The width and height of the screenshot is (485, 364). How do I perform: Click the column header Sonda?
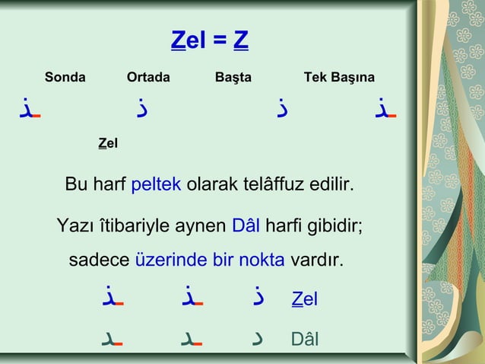tap(65, 77)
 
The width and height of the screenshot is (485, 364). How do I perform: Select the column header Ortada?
tap(148, 77)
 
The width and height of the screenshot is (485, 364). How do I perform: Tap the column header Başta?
tap(233, 77)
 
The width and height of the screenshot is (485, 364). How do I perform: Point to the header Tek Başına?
tap(339, 77)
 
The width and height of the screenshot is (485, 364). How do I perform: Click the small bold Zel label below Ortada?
tap(108, 142)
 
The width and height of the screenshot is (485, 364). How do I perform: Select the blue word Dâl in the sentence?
tap(246, 226)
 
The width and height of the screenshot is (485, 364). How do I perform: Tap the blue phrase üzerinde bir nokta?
tap(210, 260)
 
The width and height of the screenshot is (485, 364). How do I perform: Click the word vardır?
tap(315, 260)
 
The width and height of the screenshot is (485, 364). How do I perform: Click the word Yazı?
tap(74, 226)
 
